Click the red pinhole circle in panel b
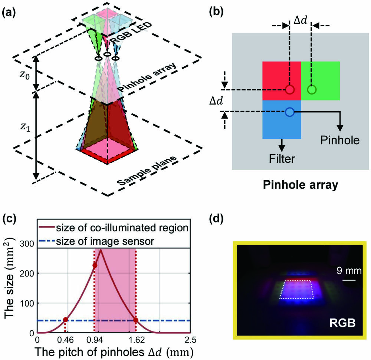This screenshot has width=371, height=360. (290, 90)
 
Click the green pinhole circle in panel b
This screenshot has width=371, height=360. (312, 90)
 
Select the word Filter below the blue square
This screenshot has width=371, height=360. (282, 159)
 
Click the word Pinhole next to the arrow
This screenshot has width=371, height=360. (341, 141)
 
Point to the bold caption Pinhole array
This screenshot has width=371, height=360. (300, 184)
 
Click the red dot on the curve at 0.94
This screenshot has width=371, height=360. (95, 265)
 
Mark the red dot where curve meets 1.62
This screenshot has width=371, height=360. (136, 320)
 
